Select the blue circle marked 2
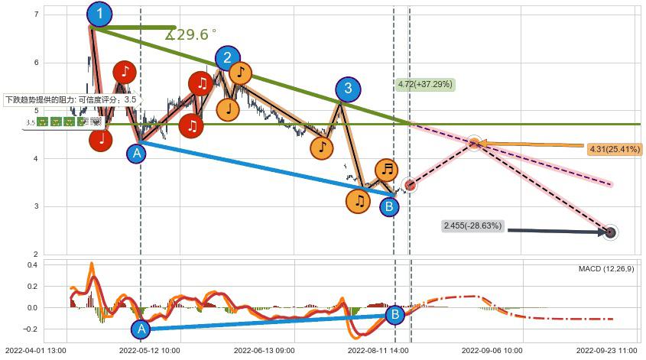[x=226, y=58]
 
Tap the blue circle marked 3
[x=348, y=89]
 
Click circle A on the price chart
[x=136, y=153]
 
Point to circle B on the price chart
[x=389, y=206]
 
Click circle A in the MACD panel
[x=140, y=329]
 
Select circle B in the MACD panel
[x=394, y=314]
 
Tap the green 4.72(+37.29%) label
[x=426, y=84]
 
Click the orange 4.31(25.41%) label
[x=615, y=149]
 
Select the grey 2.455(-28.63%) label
[x=472, y=226]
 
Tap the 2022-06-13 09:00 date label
[x=264, y=349]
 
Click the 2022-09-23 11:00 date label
[x=606, y=349]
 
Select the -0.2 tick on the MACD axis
[x=31, y=329]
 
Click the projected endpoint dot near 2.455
[x=610, y=232]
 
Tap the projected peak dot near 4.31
[x=474, y=143]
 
